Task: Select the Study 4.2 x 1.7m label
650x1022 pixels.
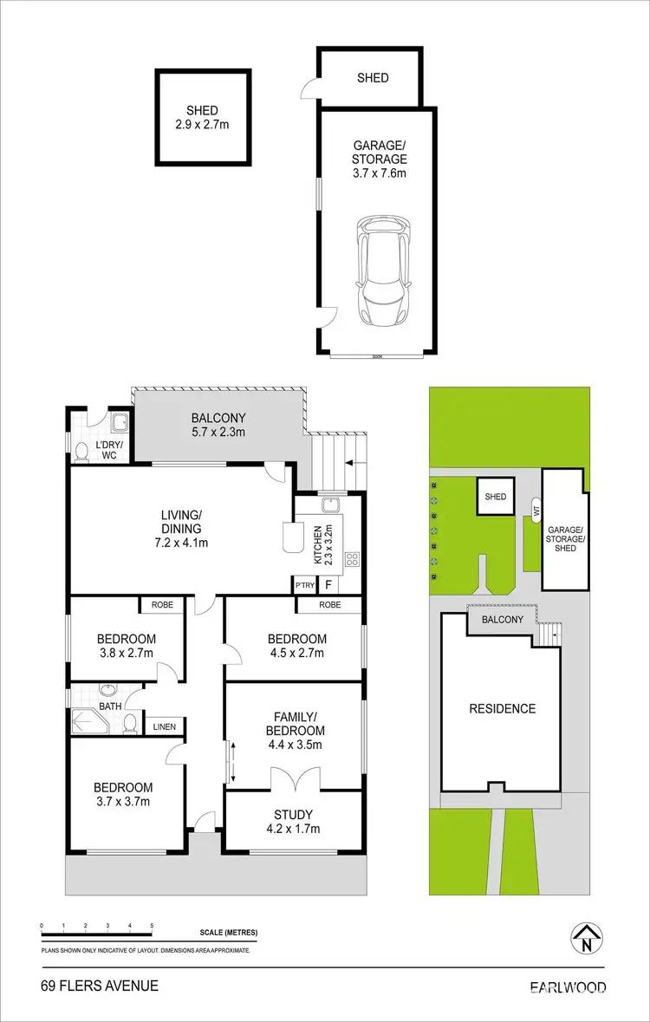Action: coord(292,821)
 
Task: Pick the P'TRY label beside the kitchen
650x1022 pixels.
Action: coord(303,585)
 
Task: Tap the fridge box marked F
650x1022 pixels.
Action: coord(328,585)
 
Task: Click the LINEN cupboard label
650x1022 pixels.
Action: coord(165,726)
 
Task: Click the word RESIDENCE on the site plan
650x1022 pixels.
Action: coord(503,708)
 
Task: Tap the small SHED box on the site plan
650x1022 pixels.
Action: coord(495,498)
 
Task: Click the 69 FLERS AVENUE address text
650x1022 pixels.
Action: coord(88,986)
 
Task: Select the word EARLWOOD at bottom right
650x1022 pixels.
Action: coord(569,986)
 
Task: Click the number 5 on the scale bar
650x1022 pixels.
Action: coord(152,926)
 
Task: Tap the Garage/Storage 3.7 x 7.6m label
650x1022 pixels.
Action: coord(379,159)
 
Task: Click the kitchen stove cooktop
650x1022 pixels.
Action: coord(352,559)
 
